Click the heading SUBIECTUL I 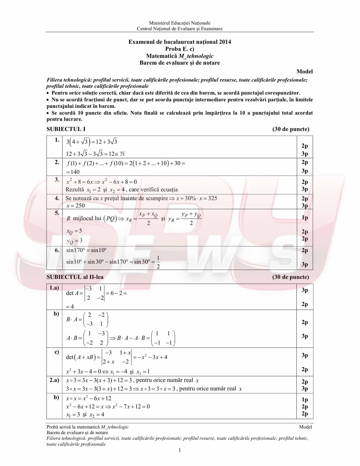coord(66,129)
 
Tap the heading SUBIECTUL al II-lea coord(75,277)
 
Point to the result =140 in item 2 coord(73,172)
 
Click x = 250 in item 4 coord(75,206)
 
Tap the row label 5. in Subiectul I coord(57,213)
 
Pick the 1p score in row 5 coord(304,217)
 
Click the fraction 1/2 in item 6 coord(158,262)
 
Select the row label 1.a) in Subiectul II coord(54,288)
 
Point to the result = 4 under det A coord(70,307)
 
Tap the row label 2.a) coord(54,380)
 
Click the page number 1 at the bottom coord(180,450)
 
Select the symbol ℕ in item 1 coord(122,154)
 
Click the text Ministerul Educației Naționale coord(180,23)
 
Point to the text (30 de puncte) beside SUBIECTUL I coord(291,129)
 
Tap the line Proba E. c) coord(180,49)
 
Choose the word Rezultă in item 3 coord(75,189)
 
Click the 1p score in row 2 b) coord(304,399)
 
